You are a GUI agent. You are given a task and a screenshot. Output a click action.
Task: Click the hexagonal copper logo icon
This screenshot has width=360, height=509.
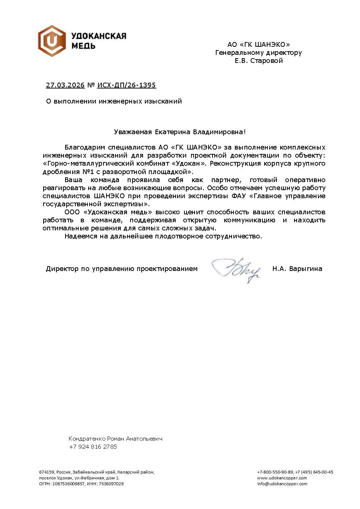pyautogui.click(x=52, y=41)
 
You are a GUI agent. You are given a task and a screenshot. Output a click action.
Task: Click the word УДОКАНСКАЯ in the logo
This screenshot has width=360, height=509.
pyautogui.click(x=98, y=36)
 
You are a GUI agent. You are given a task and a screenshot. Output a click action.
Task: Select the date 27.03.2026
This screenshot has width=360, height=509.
pyautogui.click(x=65, y=85)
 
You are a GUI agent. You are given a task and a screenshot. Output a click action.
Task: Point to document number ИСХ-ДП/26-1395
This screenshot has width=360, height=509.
pyautogui.click(x=127, y=85)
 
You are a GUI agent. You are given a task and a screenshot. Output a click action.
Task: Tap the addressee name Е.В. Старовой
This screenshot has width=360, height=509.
pyautogui.click(x=259, y=61)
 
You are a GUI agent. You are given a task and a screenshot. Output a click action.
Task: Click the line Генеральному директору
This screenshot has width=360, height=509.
pyautogui.click(x=259, y=53)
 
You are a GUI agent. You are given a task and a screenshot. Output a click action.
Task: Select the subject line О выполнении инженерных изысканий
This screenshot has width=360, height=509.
pyautogui.click(x=114, y=101)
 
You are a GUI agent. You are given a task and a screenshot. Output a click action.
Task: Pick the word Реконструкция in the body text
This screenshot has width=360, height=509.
pyautogui.click(x=235, y=163)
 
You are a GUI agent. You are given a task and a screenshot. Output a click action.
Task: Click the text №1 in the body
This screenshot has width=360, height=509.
pyautogui.click(x=89, y=171)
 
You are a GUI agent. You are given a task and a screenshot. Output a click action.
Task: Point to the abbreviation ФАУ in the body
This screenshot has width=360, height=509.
pyautogui.click(x=239, y=196)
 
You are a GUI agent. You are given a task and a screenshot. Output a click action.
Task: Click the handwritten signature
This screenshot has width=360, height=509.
pyautogui.click(x=236, y=270)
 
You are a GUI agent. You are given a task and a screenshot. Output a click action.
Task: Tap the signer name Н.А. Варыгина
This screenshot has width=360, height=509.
pyautogui.click(x=297, y=269)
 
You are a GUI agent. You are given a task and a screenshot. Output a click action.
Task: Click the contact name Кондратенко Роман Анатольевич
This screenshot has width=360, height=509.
pyautogui.click(x=115, y=438)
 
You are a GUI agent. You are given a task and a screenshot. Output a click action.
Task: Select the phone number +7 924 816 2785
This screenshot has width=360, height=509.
pyautogui.click(x=93, y=446)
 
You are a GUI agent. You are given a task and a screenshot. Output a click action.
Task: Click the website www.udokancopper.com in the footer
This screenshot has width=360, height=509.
pyautogui.click(x=282, y=478)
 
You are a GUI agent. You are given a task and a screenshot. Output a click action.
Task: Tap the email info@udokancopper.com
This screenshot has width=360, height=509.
pyautogui.click(x=282, y=484)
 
